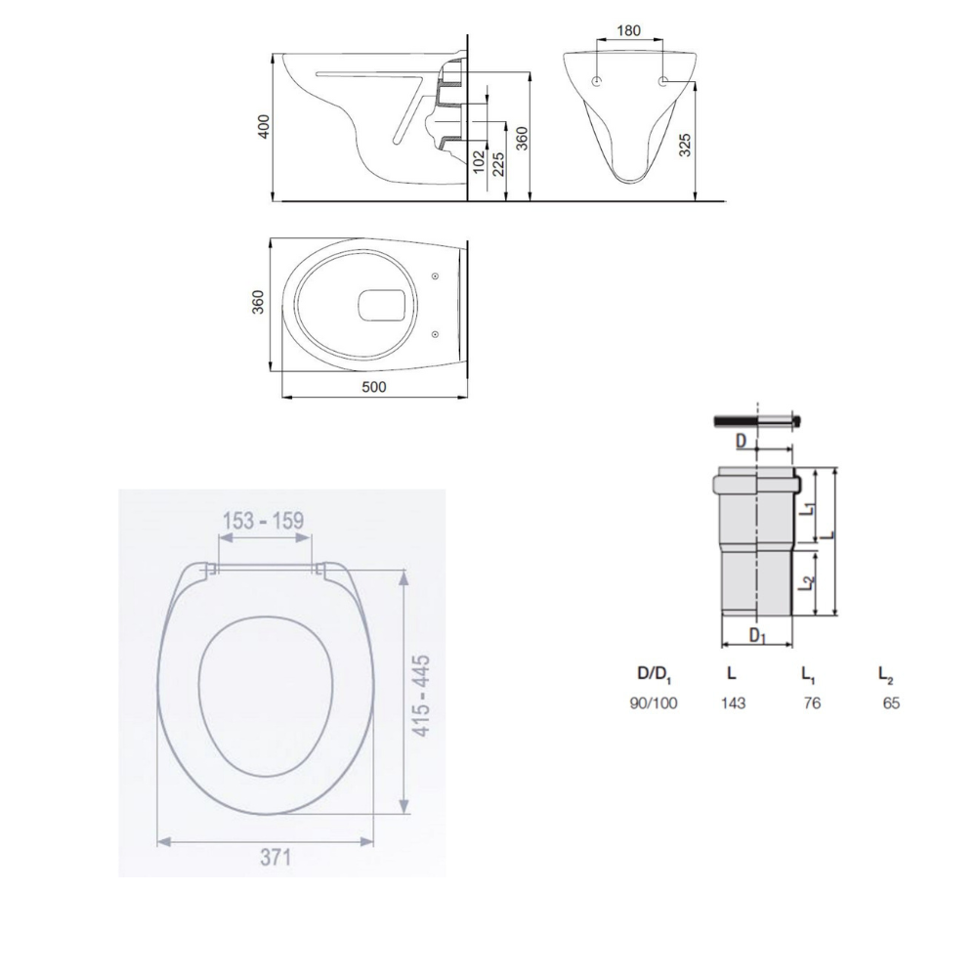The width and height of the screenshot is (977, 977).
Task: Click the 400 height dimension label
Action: coord(264,126)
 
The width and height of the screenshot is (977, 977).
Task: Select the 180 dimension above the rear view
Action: coord(628,30)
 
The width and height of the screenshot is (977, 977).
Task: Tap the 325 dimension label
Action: coord(684,145)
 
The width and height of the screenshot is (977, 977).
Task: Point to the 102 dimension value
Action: coord(479,161)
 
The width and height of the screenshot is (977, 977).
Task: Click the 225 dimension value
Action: coord(498,164)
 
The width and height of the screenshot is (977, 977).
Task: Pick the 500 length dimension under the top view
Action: coord(374,387)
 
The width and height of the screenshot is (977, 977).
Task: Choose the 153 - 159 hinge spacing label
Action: coord(263,521)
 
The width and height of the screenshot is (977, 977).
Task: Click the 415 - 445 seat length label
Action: coord(422,696)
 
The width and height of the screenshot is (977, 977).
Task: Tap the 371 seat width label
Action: coord(276,858)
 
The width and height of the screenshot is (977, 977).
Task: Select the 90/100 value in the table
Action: coord(654,703)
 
